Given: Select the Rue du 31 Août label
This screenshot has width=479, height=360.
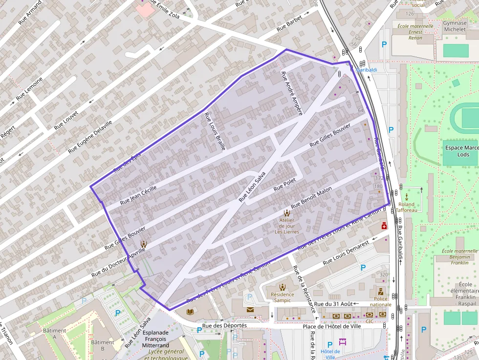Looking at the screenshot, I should click(x=333, y=304).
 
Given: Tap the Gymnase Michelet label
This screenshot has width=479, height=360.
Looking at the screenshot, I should click(x=455, y=26).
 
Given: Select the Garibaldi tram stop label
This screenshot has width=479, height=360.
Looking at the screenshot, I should click(x=367, y=70).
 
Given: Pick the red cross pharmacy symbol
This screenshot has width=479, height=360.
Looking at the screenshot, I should click(x=384, y=226).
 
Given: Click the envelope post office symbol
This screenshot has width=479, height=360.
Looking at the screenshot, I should click(x=250, y=310).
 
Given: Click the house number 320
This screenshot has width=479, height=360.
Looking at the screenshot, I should click(x=383, y=275).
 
